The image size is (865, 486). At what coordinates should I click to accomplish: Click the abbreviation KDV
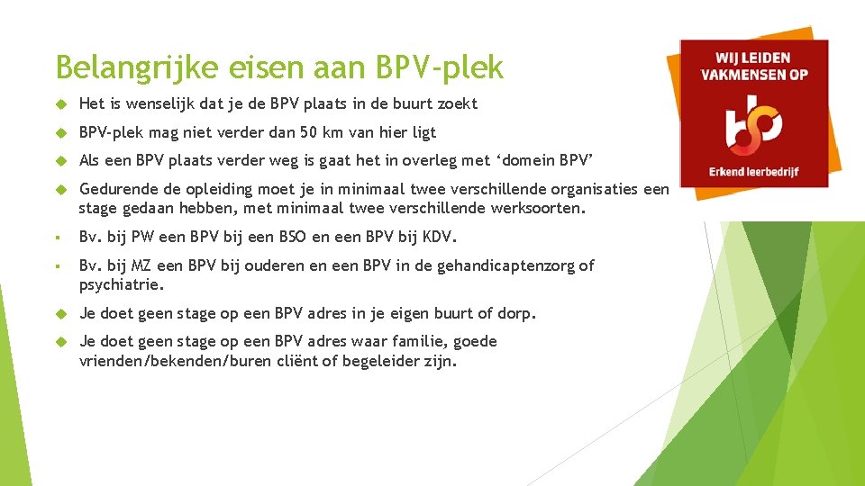tap(438, 238)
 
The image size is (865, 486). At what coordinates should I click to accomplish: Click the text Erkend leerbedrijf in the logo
tap(754, 171)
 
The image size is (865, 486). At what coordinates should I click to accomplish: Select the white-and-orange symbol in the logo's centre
tap(753, 123)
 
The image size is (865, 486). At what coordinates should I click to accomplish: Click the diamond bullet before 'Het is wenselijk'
tap(63, 104)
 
